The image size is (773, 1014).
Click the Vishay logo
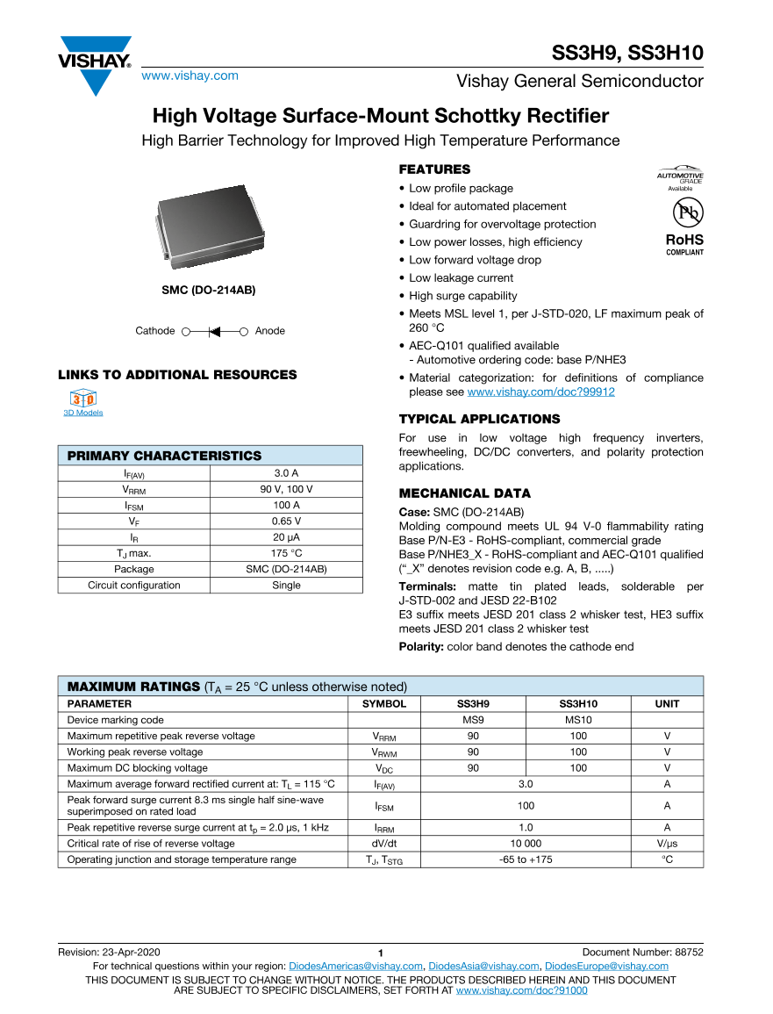coord(96,64)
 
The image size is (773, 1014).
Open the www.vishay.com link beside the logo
coord(190,76)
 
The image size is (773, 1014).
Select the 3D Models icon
coord(82,400)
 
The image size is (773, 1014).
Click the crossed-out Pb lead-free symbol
coord(685,212)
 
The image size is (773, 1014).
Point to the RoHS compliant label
coord(684,243)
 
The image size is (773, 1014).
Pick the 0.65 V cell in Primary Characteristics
coord(286,521)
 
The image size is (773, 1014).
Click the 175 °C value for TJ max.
coord(286,553)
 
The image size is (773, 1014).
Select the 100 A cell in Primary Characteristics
coord(286,505)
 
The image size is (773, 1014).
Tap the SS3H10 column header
coord(578,703)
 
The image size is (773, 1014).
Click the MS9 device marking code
coord(473,720)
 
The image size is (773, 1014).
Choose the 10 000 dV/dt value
coord(526,844)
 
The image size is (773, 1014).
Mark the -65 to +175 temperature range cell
coord(526,859)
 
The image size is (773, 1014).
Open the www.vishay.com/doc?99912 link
coord(540,392)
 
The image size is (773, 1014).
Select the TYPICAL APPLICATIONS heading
coord(479,419)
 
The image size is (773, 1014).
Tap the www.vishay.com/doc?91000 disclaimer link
coord(521,990)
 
